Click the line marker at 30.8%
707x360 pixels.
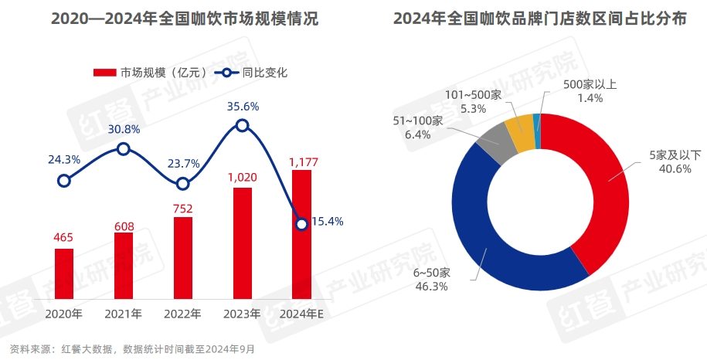[124, 148]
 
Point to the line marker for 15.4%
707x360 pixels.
[302, 223]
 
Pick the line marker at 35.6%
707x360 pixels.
[243, 125]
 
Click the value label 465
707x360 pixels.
[64, 237]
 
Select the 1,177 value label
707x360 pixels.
[302, 161]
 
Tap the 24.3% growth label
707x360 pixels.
[64, 160]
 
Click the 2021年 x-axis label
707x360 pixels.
[124, 314]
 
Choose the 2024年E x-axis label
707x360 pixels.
[302, 314]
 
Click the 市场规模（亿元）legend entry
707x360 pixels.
[151, 73]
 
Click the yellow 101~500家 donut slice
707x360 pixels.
[519, 124]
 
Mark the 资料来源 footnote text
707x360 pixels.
[128, 348]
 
